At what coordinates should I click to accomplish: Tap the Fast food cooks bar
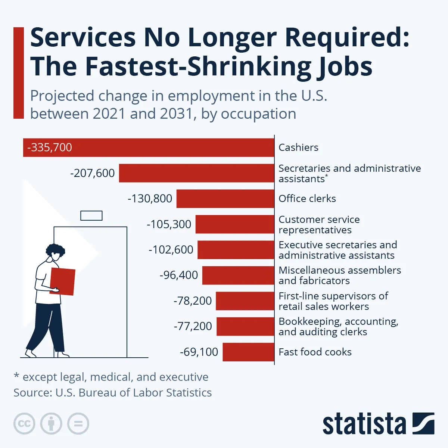tap(248, 352)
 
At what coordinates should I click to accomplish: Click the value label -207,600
tap(92, 173)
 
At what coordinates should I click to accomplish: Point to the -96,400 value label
tap(178, 275)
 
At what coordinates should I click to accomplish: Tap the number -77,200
tap(193, 326)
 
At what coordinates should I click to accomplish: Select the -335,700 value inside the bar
tap(50, 147)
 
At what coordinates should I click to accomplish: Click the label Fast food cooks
tap(315, 352)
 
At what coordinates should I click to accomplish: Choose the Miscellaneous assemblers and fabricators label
tap(339, 276)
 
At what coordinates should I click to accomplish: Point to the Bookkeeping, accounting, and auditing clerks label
tap(338, 327)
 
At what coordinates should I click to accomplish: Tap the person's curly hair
tap(55, 249)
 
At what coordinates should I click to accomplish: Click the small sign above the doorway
tap(91, 215)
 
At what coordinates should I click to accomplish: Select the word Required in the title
tap(347, 38)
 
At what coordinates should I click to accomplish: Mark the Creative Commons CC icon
tap(24, 424)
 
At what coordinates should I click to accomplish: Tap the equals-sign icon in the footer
tap(78, 424)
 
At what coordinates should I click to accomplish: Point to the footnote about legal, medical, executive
tap(111, 377)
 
